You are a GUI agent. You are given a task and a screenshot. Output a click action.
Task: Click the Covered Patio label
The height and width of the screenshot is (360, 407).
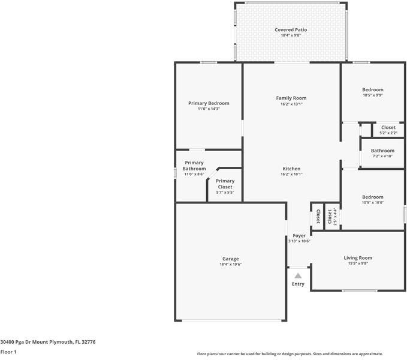(x=291, y=30)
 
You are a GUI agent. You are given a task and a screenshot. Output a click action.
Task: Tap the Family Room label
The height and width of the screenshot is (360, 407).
(x=291, y=98)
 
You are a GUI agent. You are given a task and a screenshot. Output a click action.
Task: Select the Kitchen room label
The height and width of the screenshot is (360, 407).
(x=291, y=169)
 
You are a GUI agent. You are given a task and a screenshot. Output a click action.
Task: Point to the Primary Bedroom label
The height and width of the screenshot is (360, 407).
(x=209, y=103)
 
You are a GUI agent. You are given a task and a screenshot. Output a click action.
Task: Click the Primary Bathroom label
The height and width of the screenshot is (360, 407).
(x=194, y=166)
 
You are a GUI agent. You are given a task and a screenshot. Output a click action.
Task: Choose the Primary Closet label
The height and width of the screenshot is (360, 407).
(x=225, y=184)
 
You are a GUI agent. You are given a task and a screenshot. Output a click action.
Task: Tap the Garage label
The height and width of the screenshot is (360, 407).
(x=231, y=259)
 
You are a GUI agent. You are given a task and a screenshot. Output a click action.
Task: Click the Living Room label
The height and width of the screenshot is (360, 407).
(x=358, y=258)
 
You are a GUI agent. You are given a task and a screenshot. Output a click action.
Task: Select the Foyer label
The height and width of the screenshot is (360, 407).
(x=299, y=236)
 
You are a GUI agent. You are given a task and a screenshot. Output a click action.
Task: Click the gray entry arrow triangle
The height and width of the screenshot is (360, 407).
(x=298, y=275)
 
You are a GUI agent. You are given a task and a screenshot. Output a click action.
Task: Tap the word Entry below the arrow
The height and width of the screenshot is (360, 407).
(x=298, y=284)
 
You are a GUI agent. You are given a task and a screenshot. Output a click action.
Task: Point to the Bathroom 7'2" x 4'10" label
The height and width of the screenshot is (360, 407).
(x=382, y=151)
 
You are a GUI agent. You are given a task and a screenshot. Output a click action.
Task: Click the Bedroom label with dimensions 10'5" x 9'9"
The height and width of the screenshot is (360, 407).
(x=372, y=90)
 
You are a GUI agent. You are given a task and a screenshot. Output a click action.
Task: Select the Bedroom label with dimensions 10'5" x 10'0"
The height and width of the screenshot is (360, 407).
(x=372, y=197)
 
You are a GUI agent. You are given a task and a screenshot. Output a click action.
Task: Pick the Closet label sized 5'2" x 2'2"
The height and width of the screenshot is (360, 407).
(x=388, y=127)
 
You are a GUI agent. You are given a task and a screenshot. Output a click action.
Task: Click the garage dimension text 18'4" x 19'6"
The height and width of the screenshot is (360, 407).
(x=231, y=265)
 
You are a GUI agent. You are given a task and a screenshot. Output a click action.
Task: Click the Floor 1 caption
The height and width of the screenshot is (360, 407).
(x=8, y=352)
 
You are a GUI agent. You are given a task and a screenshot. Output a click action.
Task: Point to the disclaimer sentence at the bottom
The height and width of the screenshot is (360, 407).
(x=290, y=354)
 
